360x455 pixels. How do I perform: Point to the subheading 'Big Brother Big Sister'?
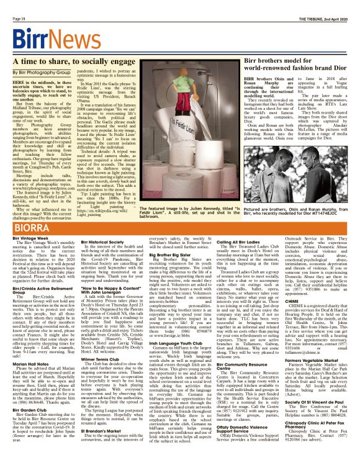(174, 255)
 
